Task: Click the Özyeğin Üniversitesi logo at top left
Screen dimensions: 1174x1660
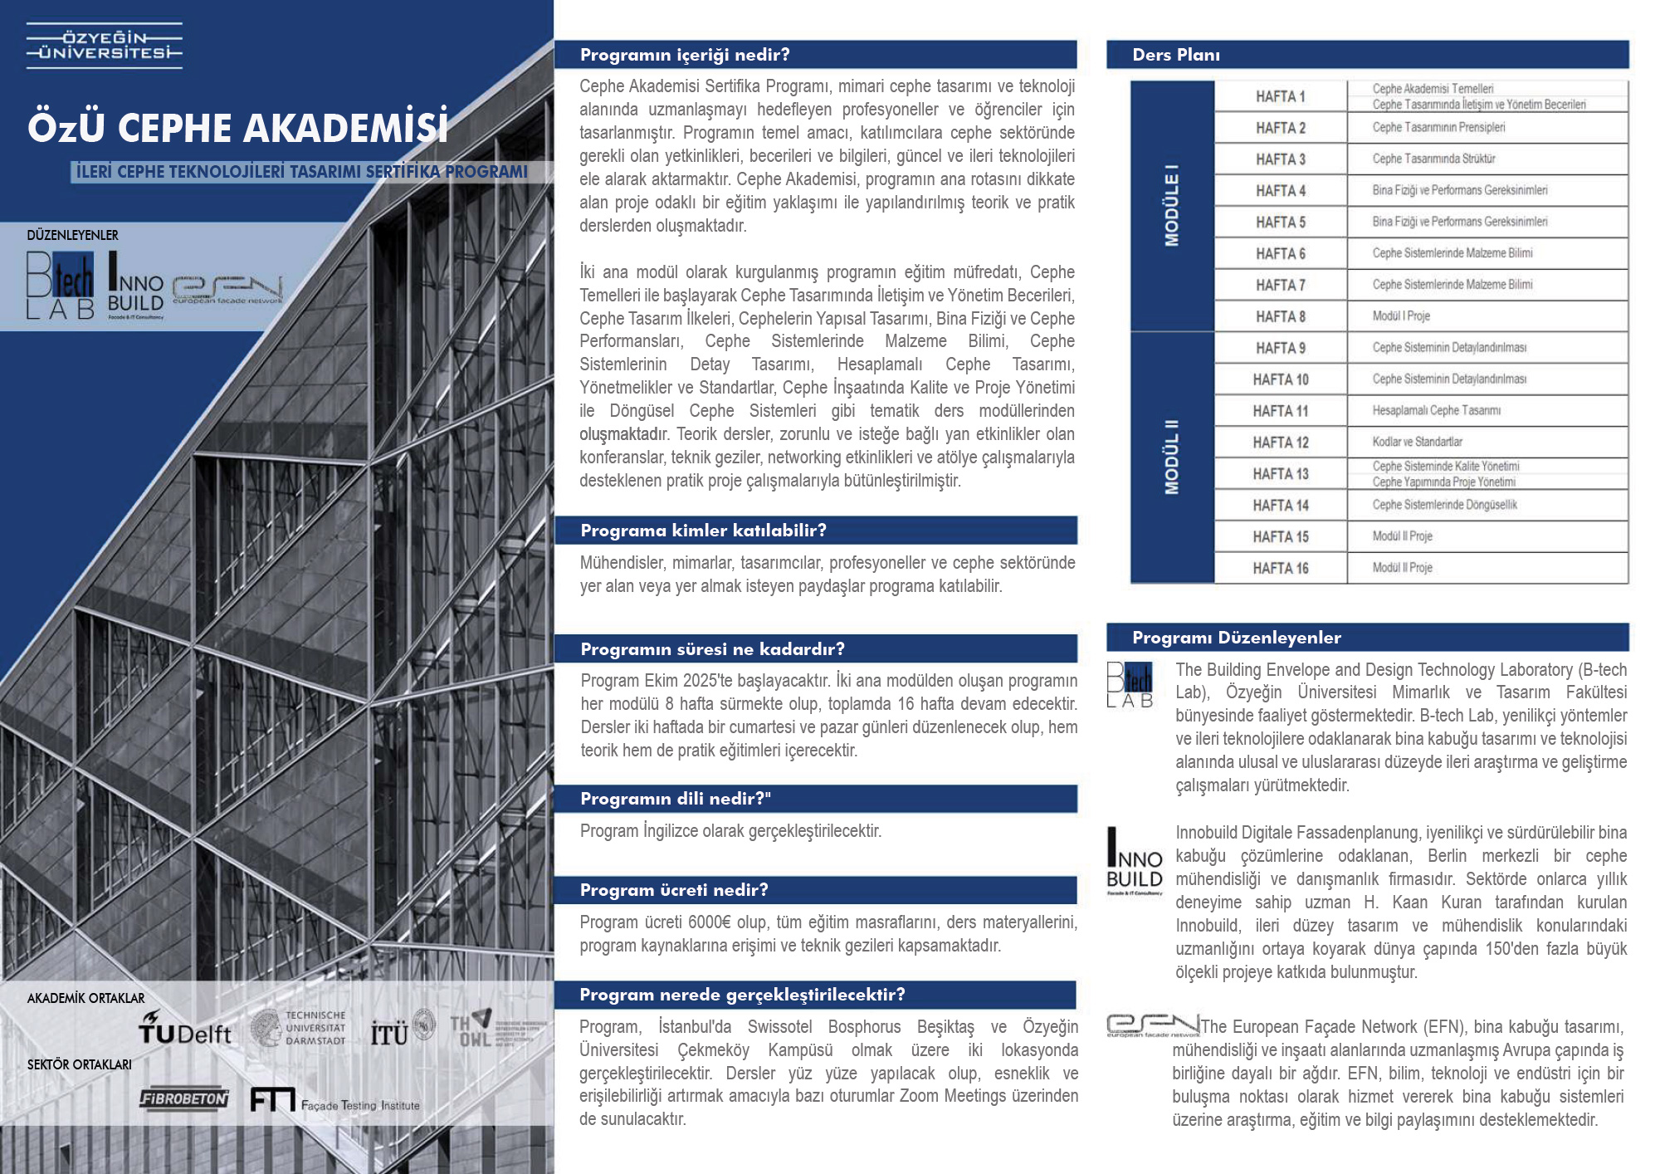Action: coord(104,46)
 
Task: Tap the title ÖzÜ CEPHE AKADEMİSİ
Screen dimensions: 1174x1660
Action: coord(237,128)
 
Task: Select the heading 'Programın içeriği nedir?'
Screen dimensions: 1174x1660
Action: coord(685,55)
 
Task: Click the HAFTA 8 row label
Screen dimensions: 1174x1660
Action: coord(1280,316)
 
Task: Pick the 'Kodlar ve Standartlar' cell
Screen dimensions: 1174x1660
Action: coord(1417,442)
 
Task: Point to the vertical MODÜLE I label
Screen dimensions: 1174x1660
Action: coord(1171,206)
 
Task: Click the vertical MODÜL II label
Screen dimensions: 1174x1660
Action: coord(1171,457)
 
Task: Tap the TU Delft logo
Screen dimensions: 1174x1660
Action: coord(184,1029)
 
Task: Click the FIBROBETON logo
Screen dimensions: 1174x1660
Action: coord(183,1098)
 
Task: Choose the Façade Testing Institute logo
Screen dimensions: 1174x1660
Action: coord(334,1101)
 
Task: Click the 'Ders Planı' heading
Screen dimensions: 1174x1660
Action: coord(1175,55)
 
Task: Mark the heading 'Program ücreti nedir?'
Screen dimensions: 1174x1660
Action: coord(674,890)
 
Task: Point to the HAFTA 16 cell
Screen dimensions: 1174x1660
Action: coord(1280,568)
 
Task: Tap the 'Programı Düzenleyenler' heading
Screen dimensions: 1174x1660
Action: coord(1236,638)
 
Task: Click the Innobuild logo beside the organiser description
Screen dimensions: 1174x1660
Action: coord(1134,862)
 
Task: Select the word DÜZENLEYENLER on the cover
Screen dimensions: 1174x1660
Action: coord(72,235)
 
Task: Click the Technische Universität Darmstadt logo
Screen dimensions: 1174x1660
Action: coord(299,1028)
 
